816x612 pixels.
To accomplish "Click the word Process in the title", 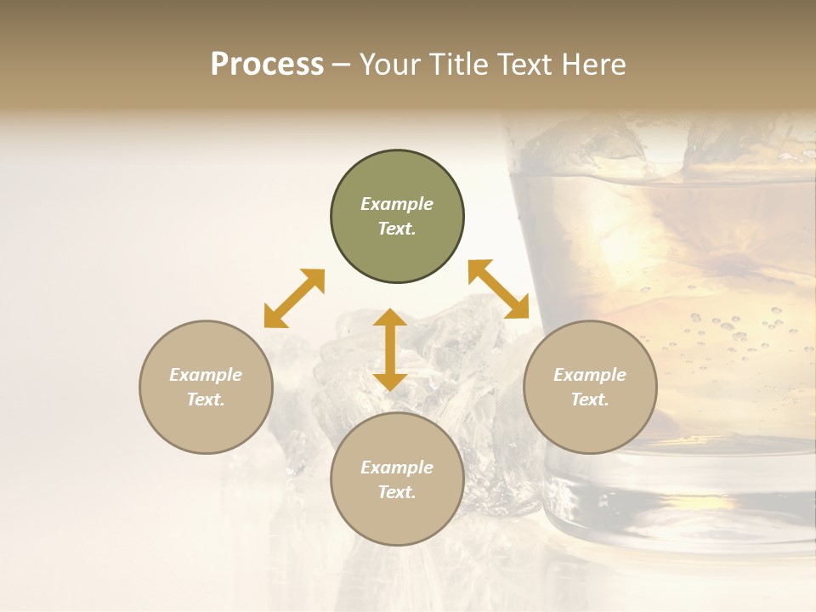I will [x=267, y=65].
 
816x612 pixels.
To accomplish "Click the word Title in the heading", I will [x=457, y=65].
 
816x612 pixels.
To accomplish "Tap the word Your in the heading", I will [x=391, y=65].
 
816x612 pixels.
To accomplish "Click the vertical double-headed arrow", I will [x=390, y=349].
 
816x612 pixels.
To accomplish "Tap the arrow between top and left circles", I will [x=294, y=298].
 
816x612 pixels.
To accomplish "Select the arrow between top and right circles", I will [x=499, y=289].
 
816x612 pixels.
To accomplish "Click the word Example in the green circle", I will [x=397, y=204].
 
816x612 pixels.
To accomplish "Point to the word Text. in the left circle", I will [x=206, y=399].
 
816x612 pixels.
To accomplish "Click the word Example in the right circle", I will [x=590, y=375].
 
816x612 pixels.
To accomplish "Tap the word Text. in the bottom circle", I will [x=397, y=492].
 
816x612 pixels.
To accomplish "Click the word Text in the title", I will [x=524, y=65].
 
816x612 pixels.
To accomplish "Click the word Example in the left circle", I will [x=206, y=375].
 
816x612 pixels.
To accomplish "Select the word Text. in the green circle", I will [x=397, y=229].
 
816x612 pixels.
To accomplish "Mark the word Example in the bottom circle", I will [x=397, y=467].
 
